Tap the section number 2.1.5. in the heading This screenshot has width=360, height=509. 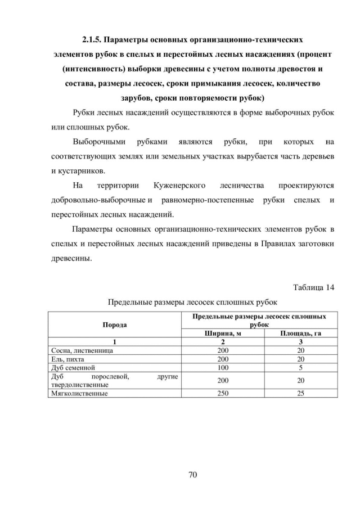click(x=91, y=40)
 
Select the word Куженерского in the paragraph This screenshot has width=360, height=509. click(x=179, y=185)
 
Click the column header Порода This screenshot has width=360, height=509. click(x=114, y=325)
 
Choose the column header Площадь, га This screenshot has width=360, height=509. click(x=301, y=333)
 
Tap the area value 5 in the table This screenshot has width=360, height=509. click(x=301, y=367)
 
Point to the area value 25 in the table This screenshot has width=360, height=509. click(x=301, y=394)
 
